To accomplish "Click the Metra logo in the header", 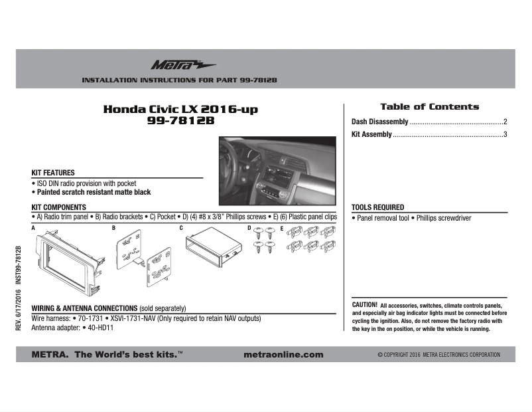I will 174,64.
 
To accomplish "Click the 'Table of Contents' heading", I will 429,106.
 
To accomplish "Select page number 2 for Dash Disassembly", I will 505,122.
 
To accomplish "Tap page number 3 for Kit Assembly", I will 505,135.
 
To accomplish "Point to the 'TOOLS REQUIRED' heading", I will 377,207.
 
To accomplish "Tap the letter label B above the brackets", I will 113,228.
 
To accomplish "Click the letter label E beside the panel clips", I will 281,228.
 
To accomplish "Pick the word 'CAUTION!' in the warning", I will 364,304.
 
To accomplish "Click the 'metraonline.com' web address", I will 284,355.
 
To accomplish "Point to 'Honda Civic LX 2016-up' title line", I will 180,109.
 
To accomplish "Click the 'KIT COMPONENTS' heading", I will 59,207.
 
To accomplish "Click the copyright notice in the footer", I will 438,355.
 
